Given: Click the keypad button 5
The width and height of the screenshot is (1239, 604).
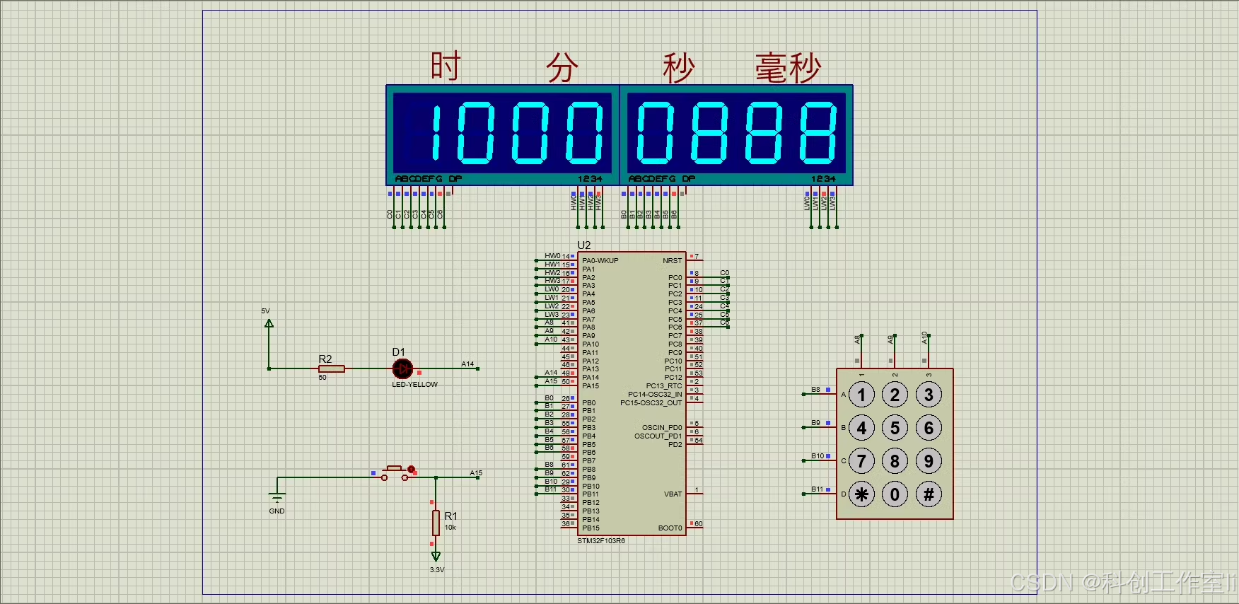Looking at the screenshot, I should point(895,428).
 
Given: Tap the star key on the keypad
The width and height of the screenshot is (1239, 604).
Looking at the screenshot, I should point(861,494).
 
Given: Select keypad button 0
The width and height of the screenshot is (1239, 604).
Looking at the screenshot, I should point(895,494).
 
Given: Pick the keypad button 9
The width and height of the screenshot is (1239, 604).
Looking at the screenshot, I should point(929,461).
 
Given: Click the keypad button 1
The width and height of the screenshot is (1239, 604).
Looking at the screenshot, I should point(861,395).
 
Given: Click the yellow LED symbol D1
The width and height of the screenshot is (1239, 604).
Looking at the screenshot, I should point(402,368).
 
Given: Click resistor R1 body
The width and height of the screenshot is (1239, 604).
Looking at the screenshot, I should point(436,523).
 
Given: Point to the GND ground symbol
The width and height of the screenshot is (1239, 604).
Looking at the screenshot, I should point(277,498).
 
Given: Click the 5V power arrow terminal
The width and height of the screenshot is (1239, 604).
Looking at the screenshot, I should point(269,324).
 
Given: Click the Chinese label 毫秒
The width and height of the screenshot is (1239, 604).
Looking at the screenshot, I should point(788,68).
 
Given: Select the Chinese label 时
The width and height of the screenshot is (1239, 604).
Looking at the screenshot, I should point(446,66).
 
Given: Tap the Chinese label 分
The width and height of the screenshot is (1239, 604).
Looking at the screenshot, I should point(562,68).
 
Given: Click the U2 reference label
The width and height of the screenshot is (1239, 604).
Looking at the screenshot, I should point(584,245).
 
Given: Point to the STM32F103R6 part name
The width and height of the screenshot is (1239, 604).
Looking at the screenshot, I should point(601,541).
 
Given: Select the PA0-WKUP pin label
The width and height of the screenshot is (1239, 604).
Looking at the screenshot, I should point(600,261).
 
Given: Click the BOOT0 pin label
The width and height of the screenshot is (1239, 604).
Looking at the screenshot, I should point(670,528).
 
